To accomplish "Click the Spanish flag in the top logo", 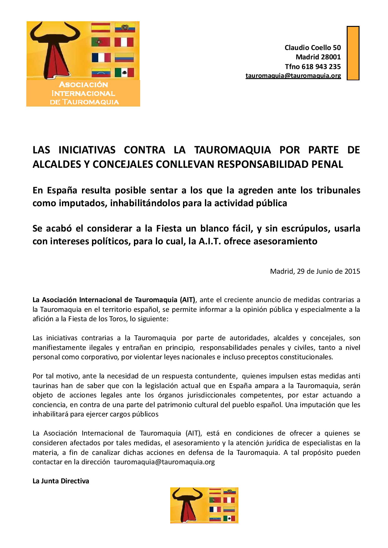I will point(100,27).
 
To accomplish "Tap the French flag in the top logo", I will point(101,57).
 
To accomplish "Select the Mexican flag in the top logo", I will point(124,72).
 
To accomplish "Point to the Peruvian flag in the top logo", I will point(124,42).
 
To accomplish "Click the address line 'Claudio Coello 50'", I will point(313,48).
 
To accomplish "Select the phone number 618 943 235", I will point(321,67).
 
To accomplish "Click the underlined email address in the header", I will point(293,76).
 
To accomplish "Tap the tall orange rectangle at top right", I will point(353,53).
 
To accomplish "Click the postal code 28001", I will point(331,57).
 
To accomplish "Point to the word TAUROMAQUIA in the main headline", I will point(232,150).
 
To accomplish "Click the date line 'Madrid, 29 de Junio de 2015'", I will point(315,271).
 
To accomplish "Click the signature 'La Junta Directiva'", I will point(61,481).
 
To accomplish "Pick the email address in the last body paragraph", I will point(164,462).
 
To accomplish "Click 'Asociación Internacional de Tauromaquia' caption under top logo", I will point(83,93).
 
